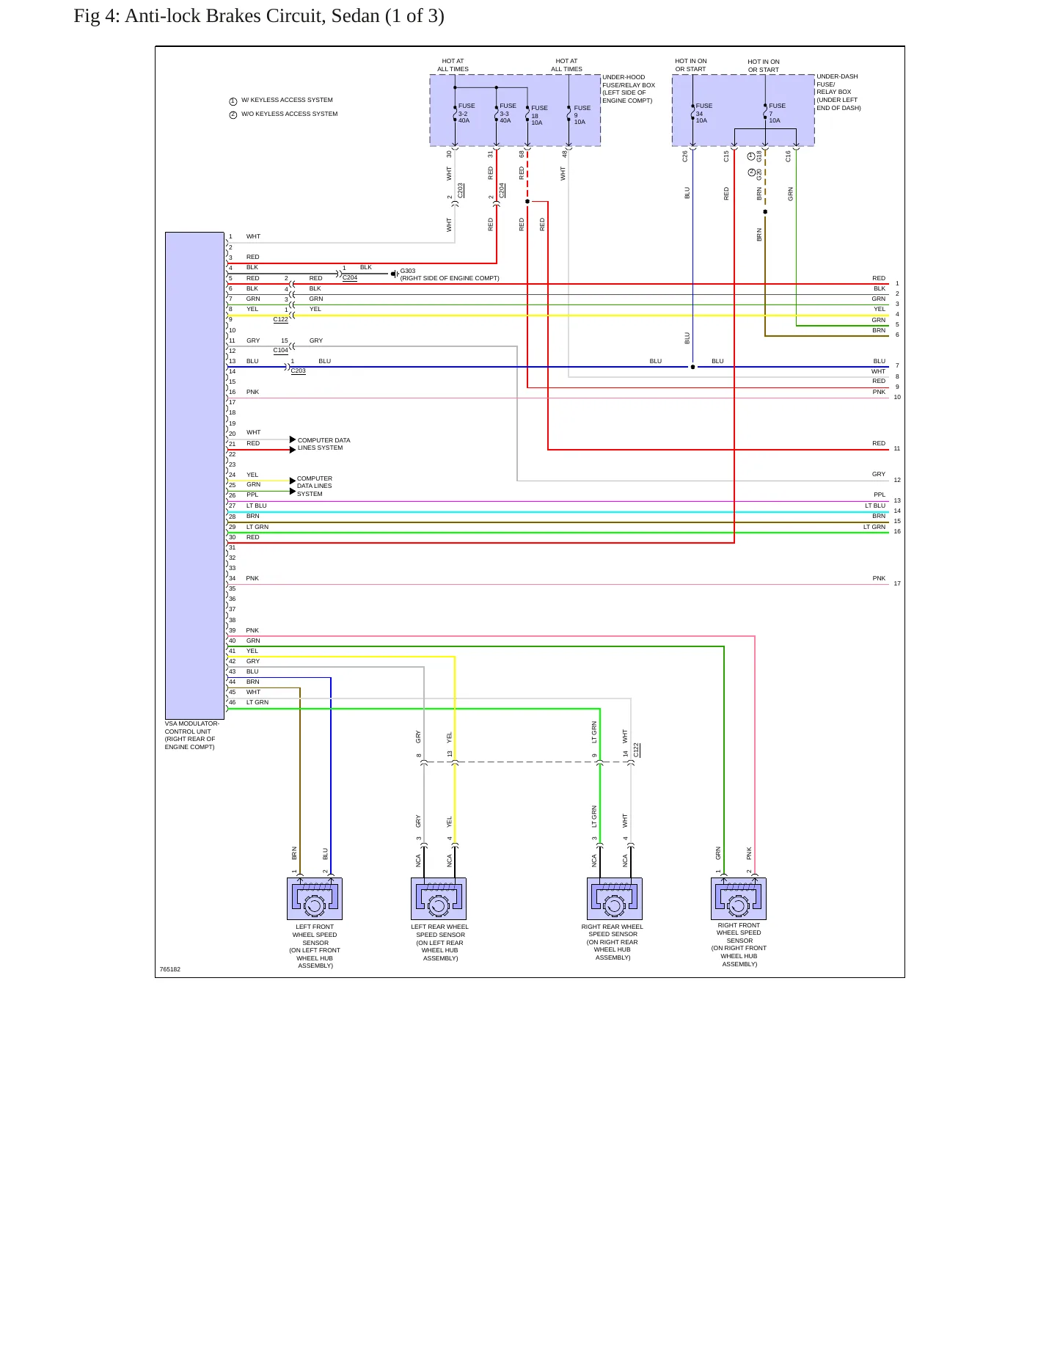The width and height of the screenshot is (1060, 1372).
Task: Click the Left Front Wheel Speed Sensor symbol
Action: (315, 899)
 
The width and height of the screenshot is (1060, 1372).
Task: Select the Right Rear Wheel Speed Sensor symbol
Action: (615, 899)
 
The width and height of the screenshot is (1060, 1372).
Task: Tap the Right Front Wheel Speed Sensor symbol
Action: (739, 899)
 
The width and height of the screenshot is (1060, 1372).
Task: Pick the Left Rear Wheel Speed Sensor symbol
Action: (439, 899)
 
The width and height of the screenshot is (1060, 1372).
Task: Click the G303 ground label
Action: (408, 271)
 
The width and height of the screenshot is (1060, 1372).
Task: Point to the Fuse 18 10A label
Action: (540, 115)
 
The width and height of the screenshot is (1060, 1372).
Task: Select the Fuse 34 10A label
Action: (704, 113)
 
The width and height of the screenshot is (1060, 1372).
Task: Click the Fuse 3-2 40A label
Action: (467, 113)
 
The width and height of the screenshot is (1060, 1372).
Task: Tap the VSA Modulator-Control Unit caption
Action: (191, 735)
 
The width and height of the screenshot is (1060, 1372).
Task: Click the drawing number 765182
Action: (170, 969)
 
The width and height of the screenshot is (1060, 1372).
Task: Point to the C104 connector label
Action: (281, 351)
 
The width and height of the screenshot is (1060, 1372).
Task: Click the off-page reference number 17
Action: (897, 583)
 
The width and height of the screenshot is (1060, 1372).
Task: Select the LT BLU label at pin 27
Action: (257, 506)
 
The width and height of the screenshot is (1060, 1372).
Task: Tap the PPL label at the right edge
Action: (880, 495)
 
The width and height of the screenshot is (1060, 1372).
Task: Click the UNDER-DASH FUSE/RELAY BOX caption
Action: (838, 92)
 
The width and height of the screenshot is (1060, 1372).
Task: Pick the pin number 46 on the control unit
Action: (233, 702)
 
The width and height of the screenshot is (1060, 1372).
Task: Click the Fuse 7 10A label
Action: (777, 113)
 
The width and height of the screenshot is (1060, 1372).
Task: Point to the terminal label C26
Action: (685, 156)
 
